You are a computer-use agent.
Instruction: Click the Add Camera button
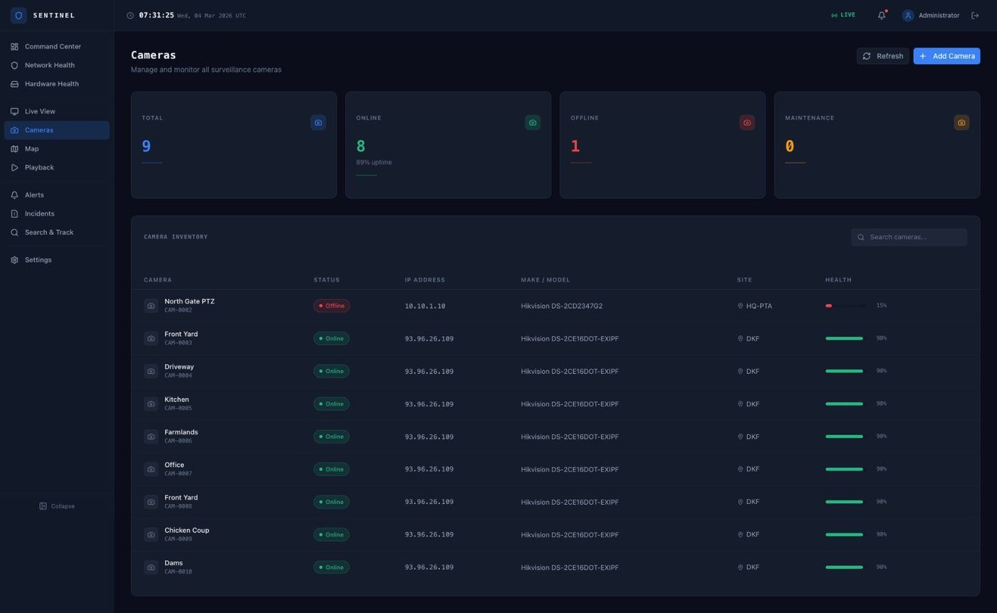pos(946,56)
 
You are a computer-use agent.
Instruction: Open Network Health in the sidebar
pos(49,66)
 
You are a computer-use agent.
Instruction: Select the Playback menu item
pos(39,168)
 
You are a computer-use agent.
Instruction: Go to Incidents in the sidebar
pos(39,214)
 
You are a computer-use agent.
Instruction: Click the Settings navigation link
pos(38,261)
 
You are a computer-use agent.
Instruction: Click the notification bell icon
pos(882,16)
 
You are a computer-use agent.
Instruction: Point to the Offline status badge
pos(331,306)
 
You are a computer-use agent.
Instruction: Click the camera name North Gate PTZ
pos(189,302)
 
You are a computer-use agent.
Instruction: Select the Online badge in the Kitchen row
pos(331,404)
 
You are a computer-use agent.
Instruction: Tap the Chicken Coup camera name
pos(187,530)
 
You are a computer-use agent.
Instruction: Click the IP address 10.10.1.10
pos(425,306)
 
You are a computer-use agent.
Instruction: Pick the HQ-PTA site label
pos(758,306)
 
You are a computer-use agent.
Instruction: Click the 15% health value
pos(882,305)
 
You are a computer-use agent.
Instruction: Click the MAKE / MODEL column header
pos(546,280)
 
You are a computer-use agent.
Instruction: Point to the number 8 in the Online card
pos(361,147)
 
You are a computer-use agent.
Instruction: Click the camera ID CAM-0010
pos(178,572)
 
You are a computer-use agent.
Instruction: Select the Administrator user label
pos(939,16)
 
